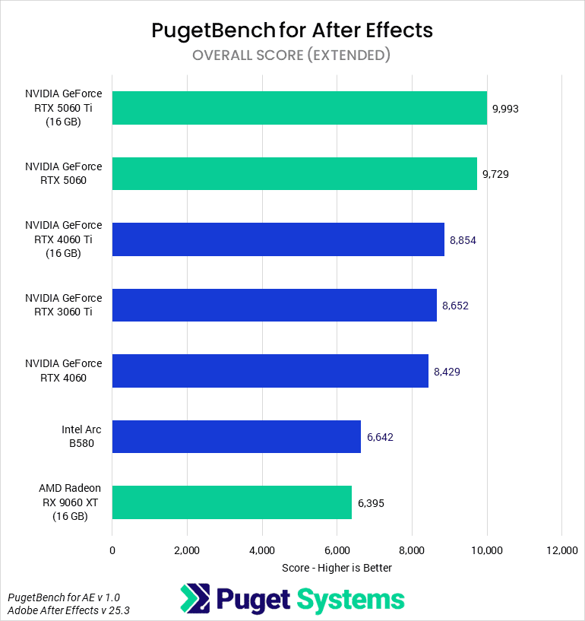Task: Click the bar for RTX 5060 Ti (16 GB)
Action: [299, 108]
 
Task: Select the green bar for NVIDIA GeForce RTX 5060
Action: [295, 173]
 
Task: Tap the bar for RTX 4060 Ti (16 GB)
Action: [278, 239]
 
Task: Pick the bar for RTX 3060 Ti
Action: [274, 305]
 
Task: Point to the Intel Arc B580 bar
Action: [236, 436]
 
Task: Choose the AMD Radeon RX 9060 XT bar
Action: [232, 502]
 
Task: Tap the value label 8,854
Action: [463, 240]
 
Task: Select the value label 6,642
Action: [380, 437]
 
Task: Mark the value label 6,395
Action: [372, 503]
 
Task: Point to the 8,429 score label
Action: [447, 372]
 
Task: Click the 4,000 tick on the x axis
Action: [261, 550]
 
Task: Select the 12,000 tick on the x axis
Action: [561, 550]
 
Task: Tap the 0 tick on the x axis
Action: [112, 550]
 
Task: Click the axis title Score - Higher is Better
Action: [337, 567]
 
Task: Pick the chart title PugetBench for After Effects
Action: [292, 30]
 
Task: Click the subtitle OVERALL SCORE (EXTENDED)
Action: [292, 55]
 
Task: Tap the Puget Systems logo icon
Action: [194, 598]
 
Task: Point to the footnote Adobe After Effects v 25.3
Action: [64, 610]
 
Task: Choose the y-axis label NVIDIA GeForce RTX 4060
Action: [63, 371]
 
